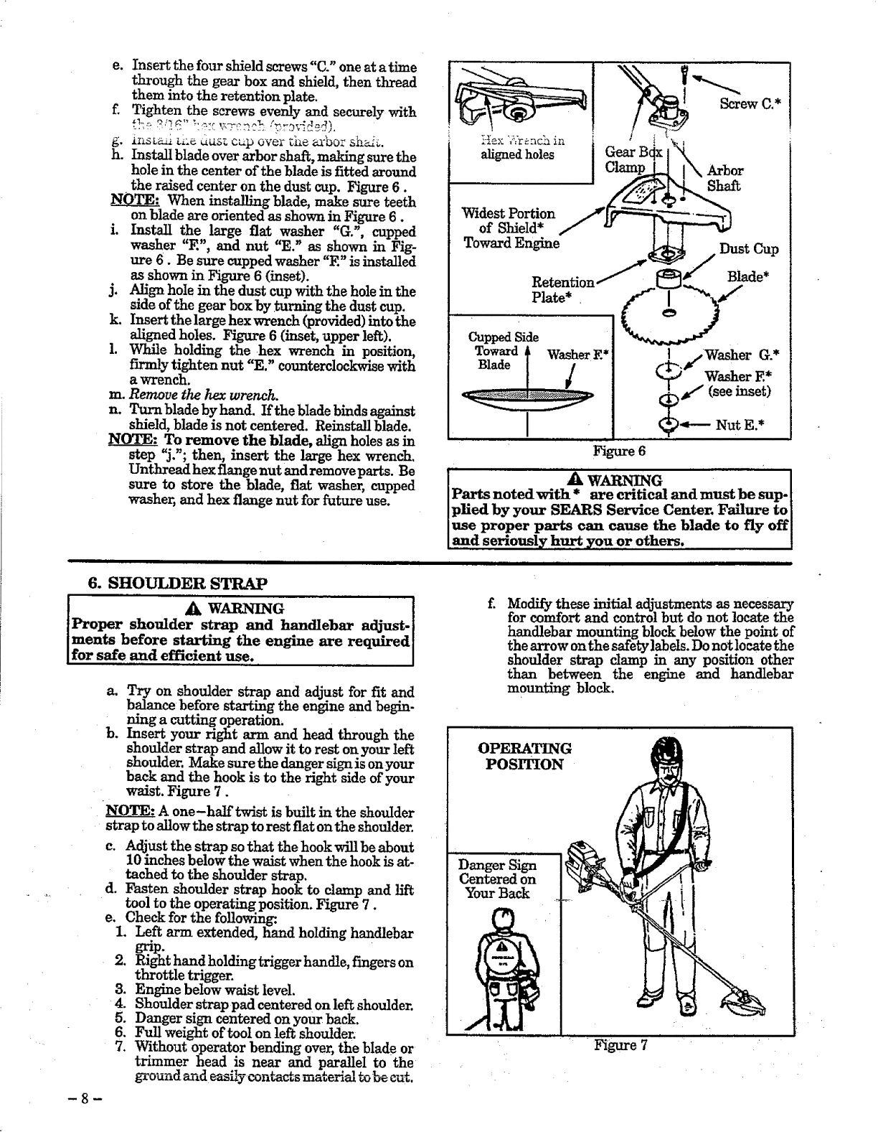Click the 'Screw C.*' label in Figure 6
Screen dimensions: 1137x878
tap(750, 103)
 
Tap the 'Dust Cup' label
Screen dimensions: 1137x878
tap(749, 249)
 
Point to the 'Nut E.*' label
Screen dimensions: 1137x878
tap(739, 425)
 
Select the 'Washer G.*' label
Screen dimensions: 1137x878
tap(739, 355)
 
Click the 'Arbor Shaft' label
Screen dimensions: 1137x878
tap(725, 179)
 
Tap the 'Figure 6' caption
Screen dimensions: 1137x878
tap(620, 451)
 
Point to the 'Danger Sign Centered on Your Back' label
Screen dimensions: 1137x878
tap(497, 879)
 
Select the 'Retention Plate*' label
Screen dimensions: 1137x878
tap(562, 290)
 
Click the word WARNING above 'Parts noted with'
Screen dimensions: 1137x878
tap(624, 480)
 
